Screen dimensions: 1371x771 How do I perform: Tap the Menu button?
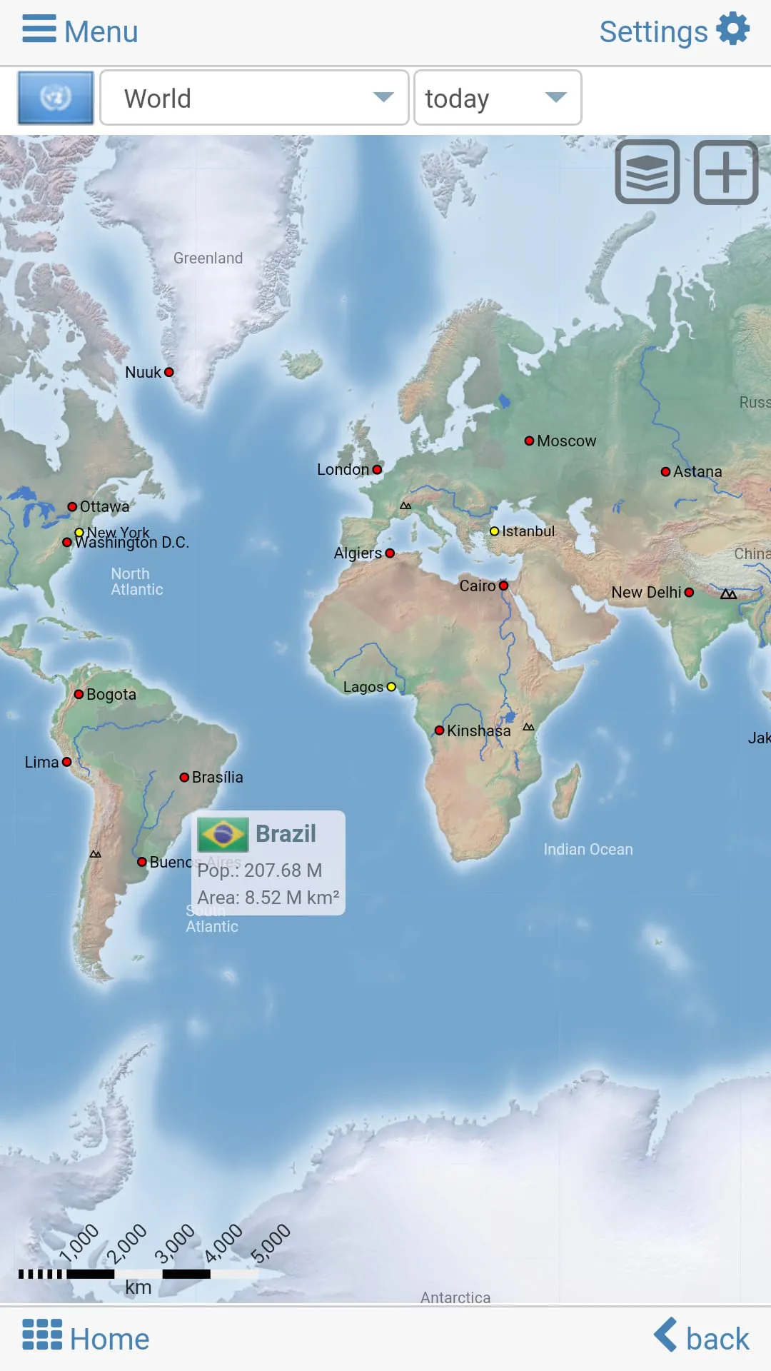pos(80,31)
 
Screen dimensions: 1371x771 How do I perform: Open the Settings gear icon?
pos(733,30)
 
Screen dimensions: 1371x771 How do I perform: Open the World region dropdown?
pos(254,98)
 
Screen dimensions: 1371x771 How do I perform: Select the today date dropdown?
pos(498,98)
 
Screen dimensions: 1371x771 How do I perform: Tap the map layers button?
pos(647,172)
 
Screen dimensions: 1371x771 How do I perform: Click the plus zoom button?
pos(726,172)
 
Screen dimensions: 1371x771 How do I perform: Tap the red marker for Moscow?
pos(529,441)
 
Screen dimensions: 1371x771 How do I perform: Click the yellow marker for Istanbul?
pos(494,531)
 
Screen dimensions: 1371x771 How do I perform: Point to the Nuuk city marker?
pos(169,372)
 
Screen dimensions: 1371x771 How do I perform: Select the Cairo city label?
pos(477,586)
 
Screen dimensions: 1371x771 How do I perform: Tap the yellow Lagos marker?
pos(391,687)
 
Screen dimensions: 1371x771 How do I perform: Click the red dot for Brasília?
pos(184,777)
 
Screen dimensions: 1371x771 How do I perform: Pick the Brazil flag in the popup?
pos(223,834)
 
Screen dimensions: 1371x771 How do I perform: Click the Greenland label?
pos(208,258)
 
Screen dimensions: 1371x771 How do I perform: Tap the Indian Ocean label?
pos(588,849)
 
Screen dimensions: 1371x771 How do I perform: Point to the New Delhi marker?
pos(689,592)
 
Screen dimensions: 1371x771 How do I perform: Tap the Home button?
pos(86,1339)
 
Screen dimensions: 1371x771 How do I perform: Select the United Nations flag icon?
pos(56,98)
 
